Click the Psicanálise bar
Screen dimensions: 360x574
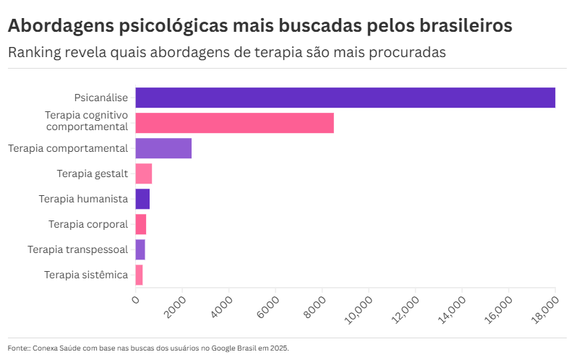(x=345, y=98)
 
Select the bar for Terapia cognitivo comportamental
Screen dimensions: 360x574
(x=234, y=123)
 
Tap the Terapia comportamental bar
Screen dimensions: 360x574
(x=163, y=148)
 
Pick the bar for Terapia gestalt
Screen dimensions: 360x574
(x=143, y=173)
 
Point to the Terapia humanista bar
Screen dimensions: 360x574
(x=142, y=199)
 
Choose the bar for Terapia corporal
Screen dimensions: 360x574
(x=140, y=224)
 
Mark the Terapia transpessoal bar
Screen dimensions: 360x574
(x=140, y=249)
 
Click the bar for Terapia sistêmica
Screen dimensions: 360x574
(x=139, y=275)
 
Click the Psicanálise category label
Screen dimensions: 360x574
(x=100, y=98)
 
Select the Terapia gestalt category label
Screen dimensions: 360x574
(x=92, y=173)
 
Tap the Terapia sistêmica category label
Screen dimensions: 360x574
(x=85, y=275)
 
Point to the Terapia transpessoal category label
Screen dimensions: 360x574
(x=77, y=249)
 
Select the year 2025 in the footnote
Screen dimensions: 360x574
(x=279, y=348)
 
